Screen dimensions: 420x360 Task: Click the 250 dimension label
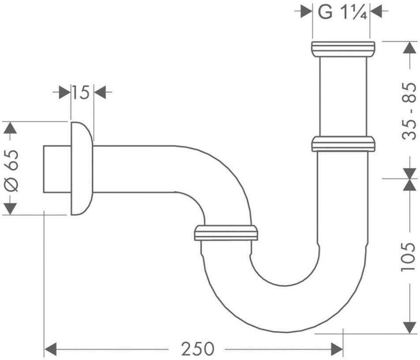coord(198,349)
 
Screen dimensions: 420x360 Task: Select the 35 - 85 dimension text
coord(409,111)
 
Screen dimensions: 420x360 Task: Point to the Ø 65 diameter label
coord(11,171)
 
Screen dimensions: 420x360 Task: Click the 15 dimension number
coord(81,92)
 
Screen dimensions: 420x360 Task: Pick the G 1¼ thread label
coord(342,12)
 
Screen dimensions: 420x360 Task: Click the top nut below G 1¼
coord(343,49)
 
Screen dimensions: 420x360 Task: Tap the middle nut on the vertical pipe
coord(343,144)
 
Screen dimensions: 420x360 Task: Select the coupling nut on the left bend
coord(226,233)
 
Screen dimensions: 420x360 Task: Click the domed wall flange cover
coord(82,169)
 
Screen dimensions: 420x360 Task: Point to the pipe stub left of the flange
coord(57,169)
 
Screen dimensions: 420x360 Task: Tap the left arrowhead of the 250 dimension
coord(50,349)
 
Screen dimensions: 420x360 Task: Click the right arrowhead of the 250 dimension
coord(337,349)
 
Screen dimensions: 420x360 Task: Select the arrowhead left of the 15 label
coord(64,92)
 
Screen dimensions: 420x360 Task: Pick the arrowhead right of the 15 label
coord(100,92)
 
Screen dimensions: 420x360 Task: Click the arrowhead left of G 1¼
coord(307,11)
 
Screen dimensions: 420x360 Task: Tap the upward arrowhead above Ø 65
coord(10,128)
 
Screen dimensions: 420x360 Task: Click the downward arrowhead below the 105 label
coord(409,327)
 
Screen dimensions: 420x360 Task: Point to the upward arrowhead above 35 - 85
coord(409,48)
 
